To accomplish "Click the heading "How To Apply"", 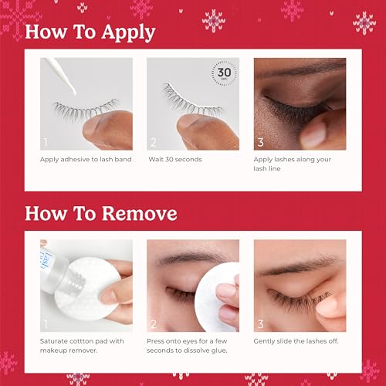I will click(x=90, y=32).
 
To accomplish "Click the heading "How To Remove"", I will click(x=101, y=213).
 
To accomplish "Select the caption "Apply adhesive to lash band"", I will click(x=85, y=160).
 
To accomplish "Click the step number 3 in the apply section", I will click(x=260, y=142).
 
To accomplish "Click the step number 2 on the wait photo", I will click(x=154, y=142).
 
